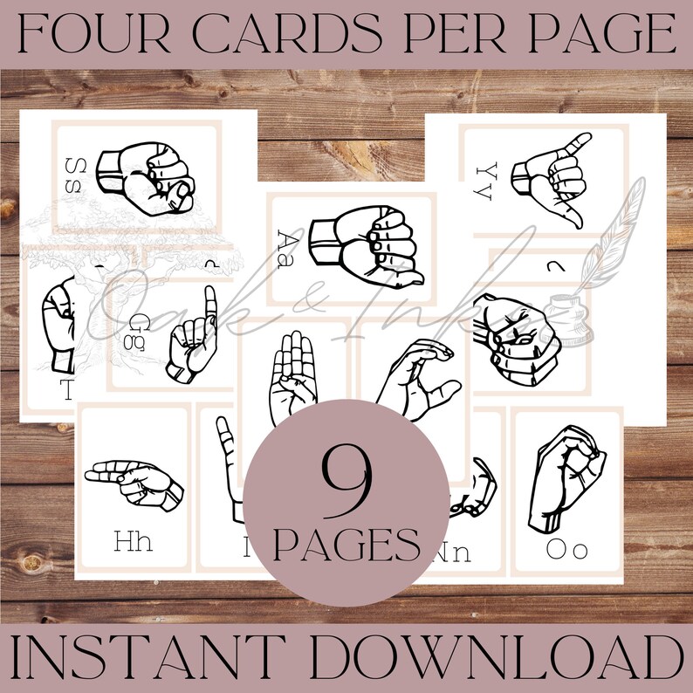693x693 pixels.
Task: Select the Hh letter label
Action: pos(133,541)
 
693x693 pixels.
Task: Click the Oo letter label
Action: pos(566,549)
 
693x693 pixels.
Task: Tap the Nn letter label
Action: pos(451,552)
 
